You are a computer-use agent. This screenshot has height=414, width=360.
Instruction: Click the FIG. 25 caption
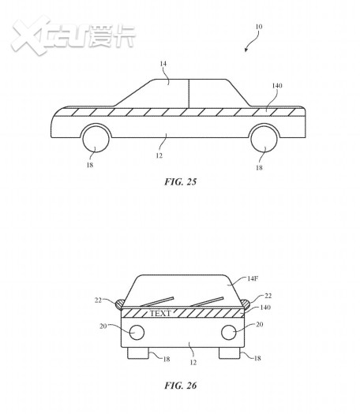181,181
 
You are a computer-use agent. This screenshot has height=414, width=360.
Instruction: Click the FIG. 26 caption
181,386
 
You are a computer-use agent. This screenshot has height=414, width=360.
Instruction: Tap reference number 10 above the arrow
258,27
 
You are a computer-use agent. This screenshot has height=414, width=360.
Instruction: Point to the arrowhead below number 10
246,50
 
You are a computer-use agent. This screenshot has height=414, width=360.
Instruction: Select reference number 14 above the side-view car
163,64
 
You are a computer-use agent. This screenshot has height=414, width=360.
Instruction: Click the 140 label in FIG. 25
277,85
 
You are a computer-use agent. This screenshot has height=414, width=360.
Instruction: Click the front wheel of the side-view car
96,139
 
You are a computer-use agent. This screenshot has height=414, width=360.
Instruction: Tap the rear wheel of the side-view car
264,139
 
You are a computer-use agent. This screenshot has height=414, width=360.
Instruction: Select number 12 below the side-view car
159,156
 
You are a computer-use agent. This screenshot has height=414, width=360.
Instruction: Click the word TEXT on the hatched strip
160,313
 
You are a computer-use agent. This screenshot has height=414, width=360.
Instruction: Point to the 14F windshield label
253,278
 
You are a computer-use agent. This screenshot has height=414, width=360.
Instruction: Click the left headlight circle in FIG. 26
137,333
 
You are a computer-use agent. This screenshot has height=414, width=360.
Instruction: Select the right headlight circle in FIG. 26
229,333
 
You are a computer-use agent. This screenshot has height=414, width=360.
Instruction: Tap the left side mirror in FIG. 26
119,304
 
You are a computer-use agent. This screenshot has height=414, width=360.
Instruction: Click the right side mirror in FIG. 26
246,304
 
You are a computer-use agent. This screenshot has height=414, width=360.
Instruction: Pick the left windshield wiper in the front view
157,301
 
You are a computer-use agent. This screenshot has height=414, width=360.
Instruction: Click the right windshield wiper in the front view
207,301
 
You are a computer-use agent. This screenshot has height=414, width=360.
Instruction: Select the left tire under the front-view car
138,353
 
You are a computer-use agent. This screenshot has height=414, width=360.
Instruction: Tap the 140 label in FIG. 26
265,308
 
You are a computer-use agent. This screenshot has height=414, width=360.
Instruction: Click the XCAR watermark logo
73,35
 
